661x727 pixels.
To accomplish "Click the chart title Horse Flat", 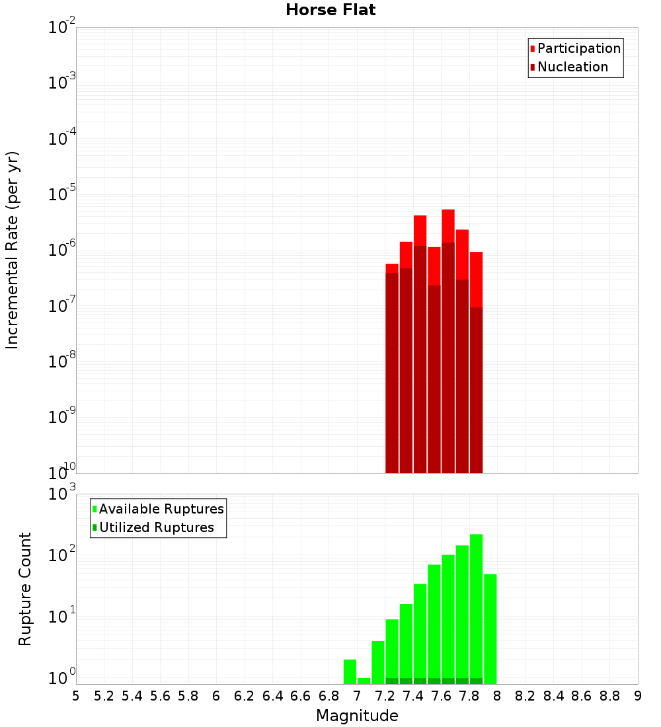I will tap(330, 10).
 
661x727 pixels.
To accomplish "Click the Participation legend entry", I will tap(578, 49).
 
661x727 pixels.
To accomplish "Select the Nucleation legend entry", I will tap(572, 67).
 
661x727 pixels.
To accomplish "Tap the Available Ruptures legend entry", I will tap(161, 510).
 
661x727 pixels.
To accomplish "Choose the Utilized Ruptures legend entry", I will tap(156, 528).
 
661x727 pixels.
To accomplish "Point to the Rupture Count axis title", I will tap(25, 589).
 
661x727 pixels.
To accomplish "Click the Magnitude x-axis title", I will tap(357, 716).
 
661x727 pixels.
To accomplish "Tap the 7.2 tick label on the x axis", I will tap(385, 696).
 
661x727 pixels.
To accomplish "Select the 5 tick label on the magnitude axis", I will tap(76, 696).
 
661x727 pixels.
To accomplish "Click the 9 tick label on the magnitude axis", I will tap(637, 696).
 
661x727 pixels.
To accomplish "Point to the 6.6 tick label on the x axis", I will tap(301, 696).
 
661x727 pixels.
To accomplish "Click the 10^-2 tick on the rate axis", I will tap(63, 28).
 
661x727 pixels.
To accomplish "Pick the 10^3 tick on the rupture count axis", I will tap(63, 494).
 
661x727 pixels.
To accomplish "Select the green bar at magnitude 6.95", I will tap(350, 671).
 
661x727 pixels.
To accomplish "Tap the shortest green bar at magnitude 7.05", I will tap(364, 681).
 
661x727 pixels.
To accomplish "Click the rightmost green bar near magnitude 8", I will tap(490, 628).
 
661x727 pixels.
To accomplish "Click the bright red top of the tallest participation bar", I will tap(448, 225).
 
